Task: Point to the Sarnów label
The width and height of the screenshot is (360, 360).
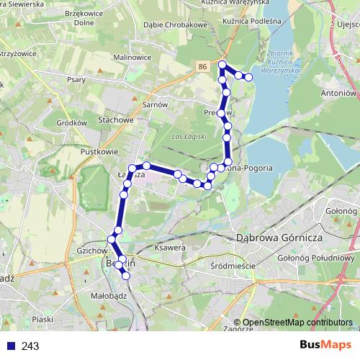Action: [x=154, y=104]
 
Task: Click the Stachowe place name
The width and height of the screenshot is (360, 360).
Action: [x=117, y=120]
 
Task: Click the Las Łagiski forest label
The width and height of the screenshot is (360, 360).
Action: [x=190, y=136]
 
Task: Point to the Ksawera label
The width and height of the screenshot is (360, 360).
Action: [x=171, y=248]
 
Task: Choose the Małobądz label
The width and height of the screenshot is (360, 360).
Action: [x=110, y=294]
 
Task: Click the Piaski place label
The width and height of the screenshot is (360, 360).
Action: [x=44, y=319]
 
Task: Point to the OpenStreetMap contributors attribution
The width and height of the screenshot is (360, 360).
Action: [x=297, y=323]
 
